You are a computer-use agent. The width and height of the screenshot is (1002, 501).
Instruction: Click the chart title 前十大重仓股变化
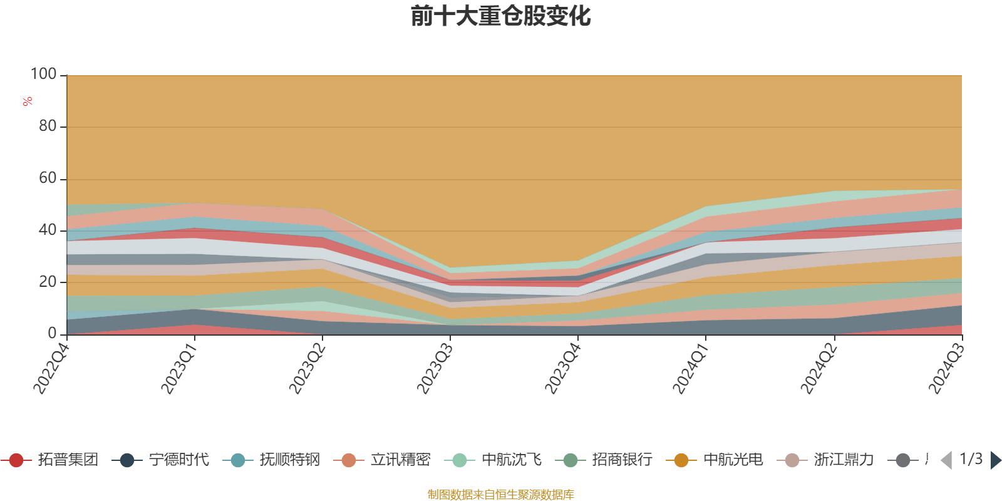(500, 16)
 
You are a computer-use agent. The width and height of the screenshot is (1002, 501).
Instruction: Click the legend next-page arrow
(995, 460)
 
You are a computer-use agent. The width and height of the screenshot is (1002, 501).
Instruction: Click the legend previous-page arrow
(946, 460)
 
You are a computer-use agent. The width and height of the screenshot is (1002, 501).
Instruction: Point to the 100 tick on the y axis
(44, 75)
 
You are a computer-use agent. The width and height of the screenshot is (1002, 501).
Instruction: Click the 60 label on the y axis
(48, 178)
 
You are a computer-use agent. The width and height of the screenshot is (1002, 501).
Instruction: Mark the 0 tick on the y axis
(53, 334)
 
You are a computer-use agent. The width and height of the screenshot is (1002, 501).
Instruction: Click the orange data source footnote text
(500, 495)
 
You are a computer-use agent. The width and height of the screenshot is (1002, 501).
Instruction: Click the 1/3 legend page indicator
(971, 459)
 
